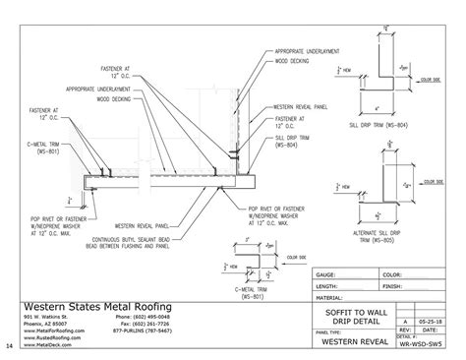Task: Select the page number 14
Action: pyautogui.click(x=9, y=345)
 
